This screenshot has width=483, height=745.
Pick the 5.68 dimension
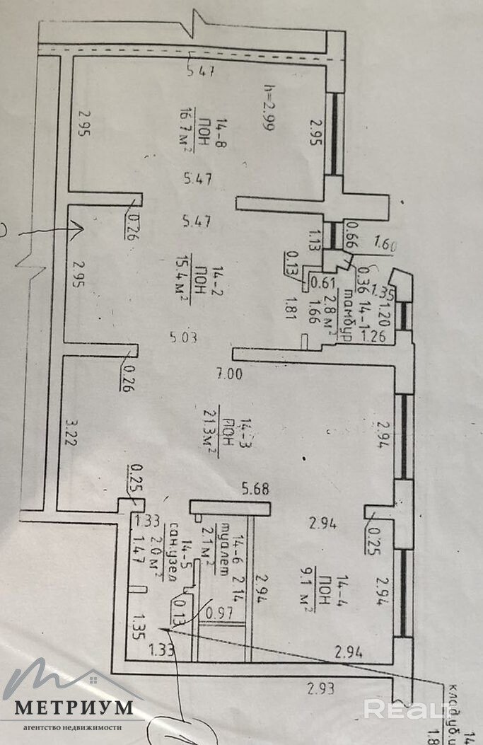[256, 489]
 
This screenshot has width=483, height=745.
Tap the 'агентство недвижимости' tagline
[74, 727]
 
